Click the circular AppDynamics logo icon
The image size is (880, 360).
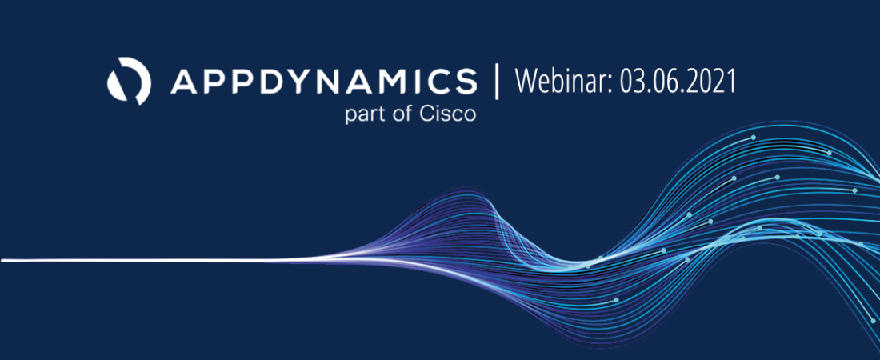coord(129,81)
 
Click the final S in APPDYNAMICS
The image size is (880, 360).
coord(464,82)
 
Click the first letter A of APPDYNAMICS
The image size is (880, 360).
coord(183,82)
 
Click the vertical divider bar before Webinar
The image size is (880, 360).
coord(496,82)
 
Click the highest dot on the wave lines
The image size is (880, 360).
coord(753,137)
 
